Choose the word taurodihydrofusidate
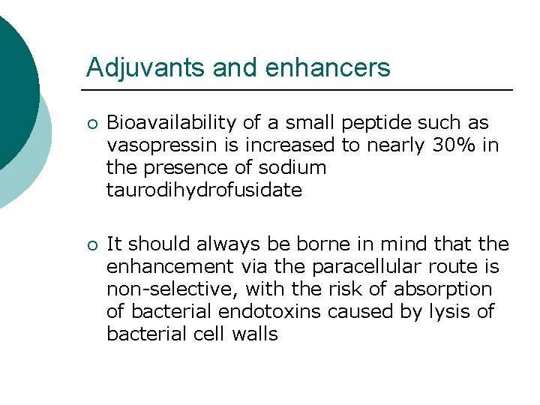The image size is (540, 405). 204,190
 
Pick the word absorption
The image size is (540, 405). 450,289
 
